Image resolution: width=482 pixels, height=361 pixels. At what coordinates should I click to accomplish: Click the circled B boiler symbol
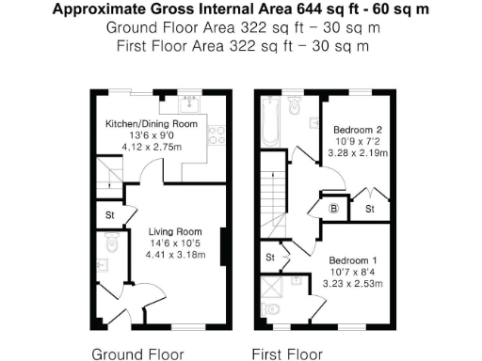point(334,209)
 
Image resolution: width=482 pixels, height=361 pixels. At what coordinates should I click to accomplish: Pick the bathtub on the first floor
point(270,124)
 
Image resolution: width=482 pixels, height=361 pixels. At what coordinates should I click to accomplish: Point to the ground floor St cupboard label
point(111,215)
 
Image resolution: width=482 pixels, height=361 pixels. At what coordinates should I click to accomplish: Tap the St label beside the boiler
point(369,207)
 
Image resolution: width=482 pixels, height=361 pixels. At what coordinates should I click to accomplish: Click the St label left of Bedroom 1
point(269,255)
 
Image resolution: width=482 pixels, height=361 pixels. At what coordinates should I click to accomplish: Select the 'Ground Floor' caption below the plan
point(131,354)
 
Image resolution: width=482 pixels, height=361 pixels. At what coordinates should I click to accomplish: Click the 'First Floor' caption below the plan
point(287,354)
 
